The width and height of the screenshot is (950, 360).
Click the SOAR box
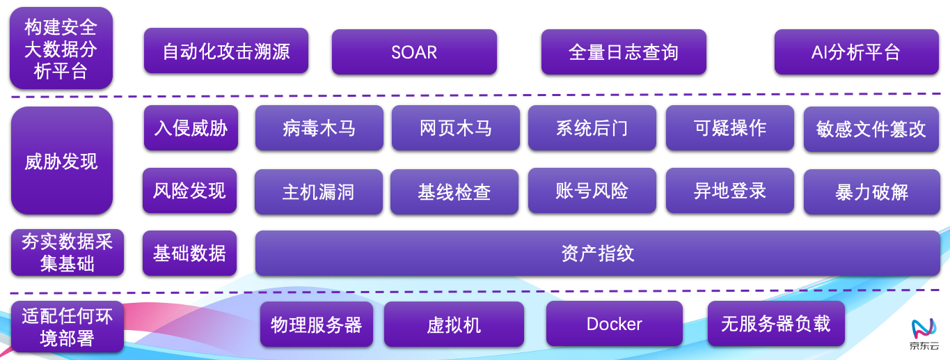(414, 52)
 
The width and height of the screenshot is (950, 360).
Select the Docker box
(614, 324)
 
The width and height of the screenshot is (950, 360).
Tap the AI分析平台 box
(856, 52)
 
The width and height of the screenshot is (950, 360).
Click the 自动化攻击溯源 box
(226, 51)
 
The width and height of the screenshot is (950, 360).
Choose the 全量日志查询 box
(624, 52)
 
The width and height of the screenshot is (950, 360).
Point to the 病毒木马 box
(319, 128)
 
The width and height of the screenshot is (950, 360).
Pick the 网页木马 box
(455, 128)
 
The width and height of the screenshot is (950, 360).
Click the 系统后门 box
(592, 128)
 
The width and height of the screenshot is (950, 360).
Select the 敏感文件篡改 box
(871, 129)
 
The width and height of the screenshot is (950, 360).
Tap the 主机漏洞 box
(318, 191)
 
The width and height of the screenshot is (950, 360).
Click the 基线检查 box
(454, 191)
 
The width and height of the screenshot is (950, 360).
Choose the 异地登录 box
(729, 191)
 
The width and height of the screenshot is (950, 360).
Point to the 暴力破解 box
(871, 191)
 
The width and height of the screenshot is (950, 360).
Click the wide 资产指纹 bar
(597, 253)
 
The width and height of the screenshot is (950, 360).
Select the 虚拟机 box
(454, 324)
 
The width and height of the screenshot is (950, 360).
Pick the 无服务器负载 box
(775, 324)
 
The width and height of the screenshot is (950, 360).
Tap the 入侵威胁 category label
(191, 128)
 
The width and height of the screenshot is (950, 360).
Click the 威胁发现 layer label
(61, 161)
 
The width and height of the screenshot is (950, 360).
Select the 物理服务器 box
(316, 324)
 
